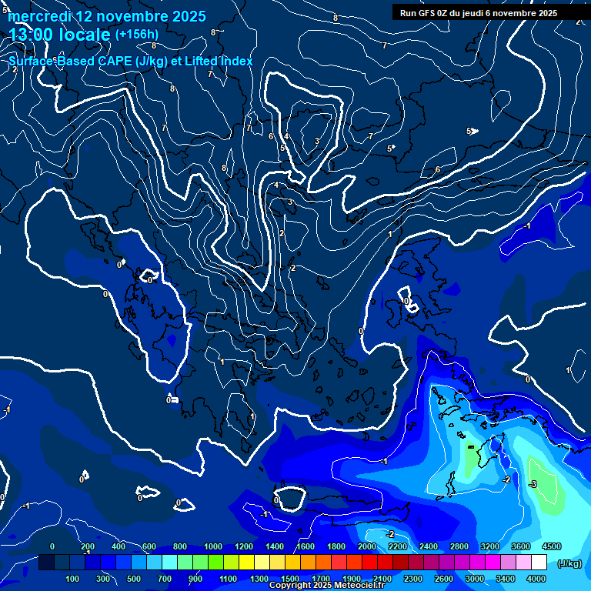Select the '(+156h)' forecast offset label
click(136, 34)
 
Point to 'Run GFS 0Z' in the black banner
click(424, 13)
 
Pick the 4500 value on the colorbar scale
click(552, 546)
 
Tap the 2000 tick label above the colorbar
click(367, 546)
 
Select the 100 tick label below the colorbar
click(73, 579)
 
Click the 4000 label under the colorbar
click(536, 579)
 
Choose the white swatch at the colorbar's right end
click(539, 563)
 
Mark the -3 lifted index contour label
click(533, 484)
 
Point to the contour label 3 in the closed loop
click(317, 141)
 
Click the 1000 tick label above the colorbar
click(213, 546)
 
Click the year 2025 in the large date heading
click(184, 16)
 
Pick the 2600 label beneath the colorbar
click(444, 579)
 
